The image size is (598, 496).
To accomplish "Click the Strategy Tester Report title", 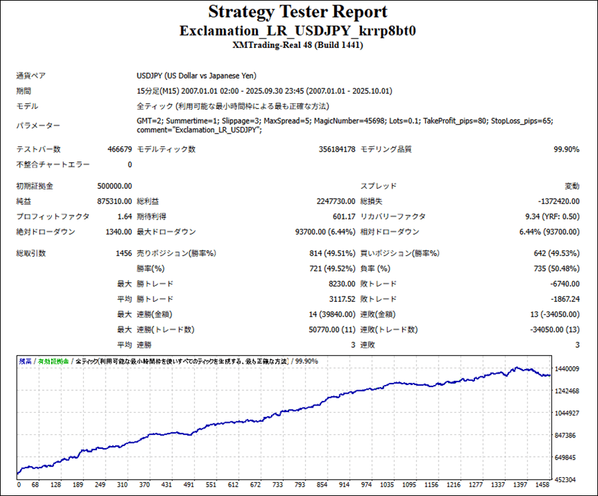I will [x=298, y=12].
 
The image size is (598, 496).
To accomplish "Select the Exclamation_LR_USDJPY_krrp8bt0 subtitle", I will [x=298, y=31].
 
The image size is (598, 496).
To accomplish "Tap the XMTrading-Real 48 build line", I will [x=298, y=45].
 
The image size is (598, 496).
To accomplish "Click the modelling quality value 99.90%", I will [x=566, y=150].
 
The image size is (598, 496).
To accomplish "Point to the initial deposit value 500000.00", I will [x=114, y=186].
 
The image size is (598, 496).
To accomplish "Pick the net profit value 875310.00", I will [x=114, y=201].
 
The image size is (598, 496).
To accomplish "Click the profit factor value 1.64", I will [x=124, y=216].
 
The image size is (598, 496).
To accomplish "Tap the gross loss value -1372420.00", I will [x=556, y=201].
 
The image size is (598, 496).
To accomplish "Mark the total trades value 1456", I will [x=124, y=253].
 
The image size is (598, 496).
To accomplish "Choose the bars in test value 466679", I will [x=119, y=150].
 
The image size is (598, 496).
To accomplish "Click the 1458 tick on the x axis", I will [x=542, y=485].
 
